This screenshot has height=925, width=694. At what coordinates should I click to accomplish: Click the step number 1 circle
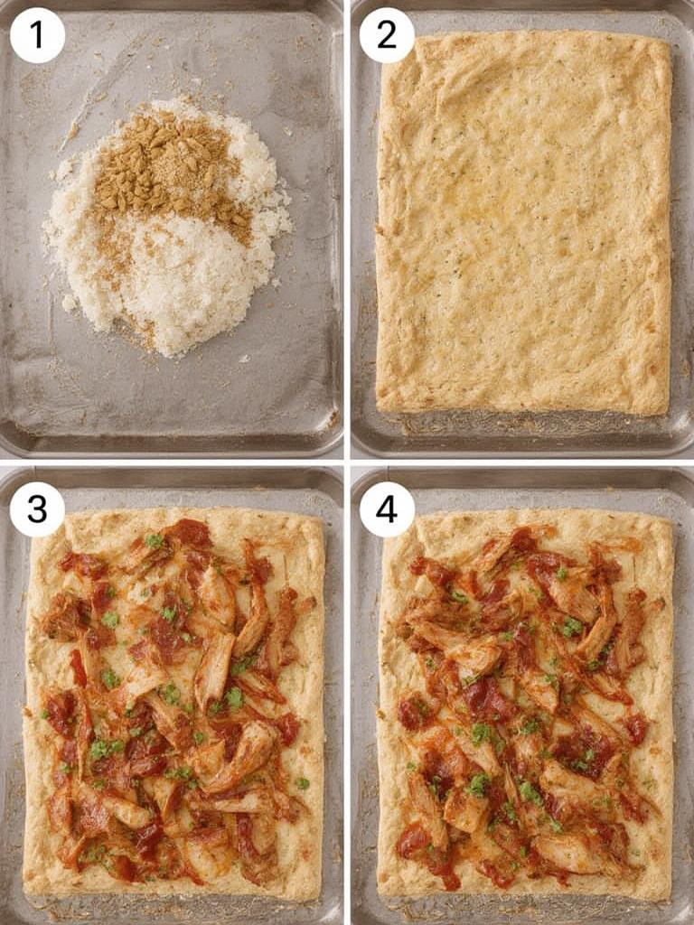(37, 35)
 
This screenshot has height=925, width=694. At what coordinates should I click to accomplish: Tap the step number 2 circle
(387, 35)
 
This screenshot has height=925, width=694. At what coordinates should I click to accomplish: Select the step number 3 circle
(37, 509)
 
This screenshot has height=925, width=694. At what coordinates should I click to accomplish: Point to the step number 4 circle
(387, 509)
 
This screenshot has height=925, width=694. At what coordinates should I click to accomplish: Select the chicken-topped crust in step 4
(524, 705)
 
